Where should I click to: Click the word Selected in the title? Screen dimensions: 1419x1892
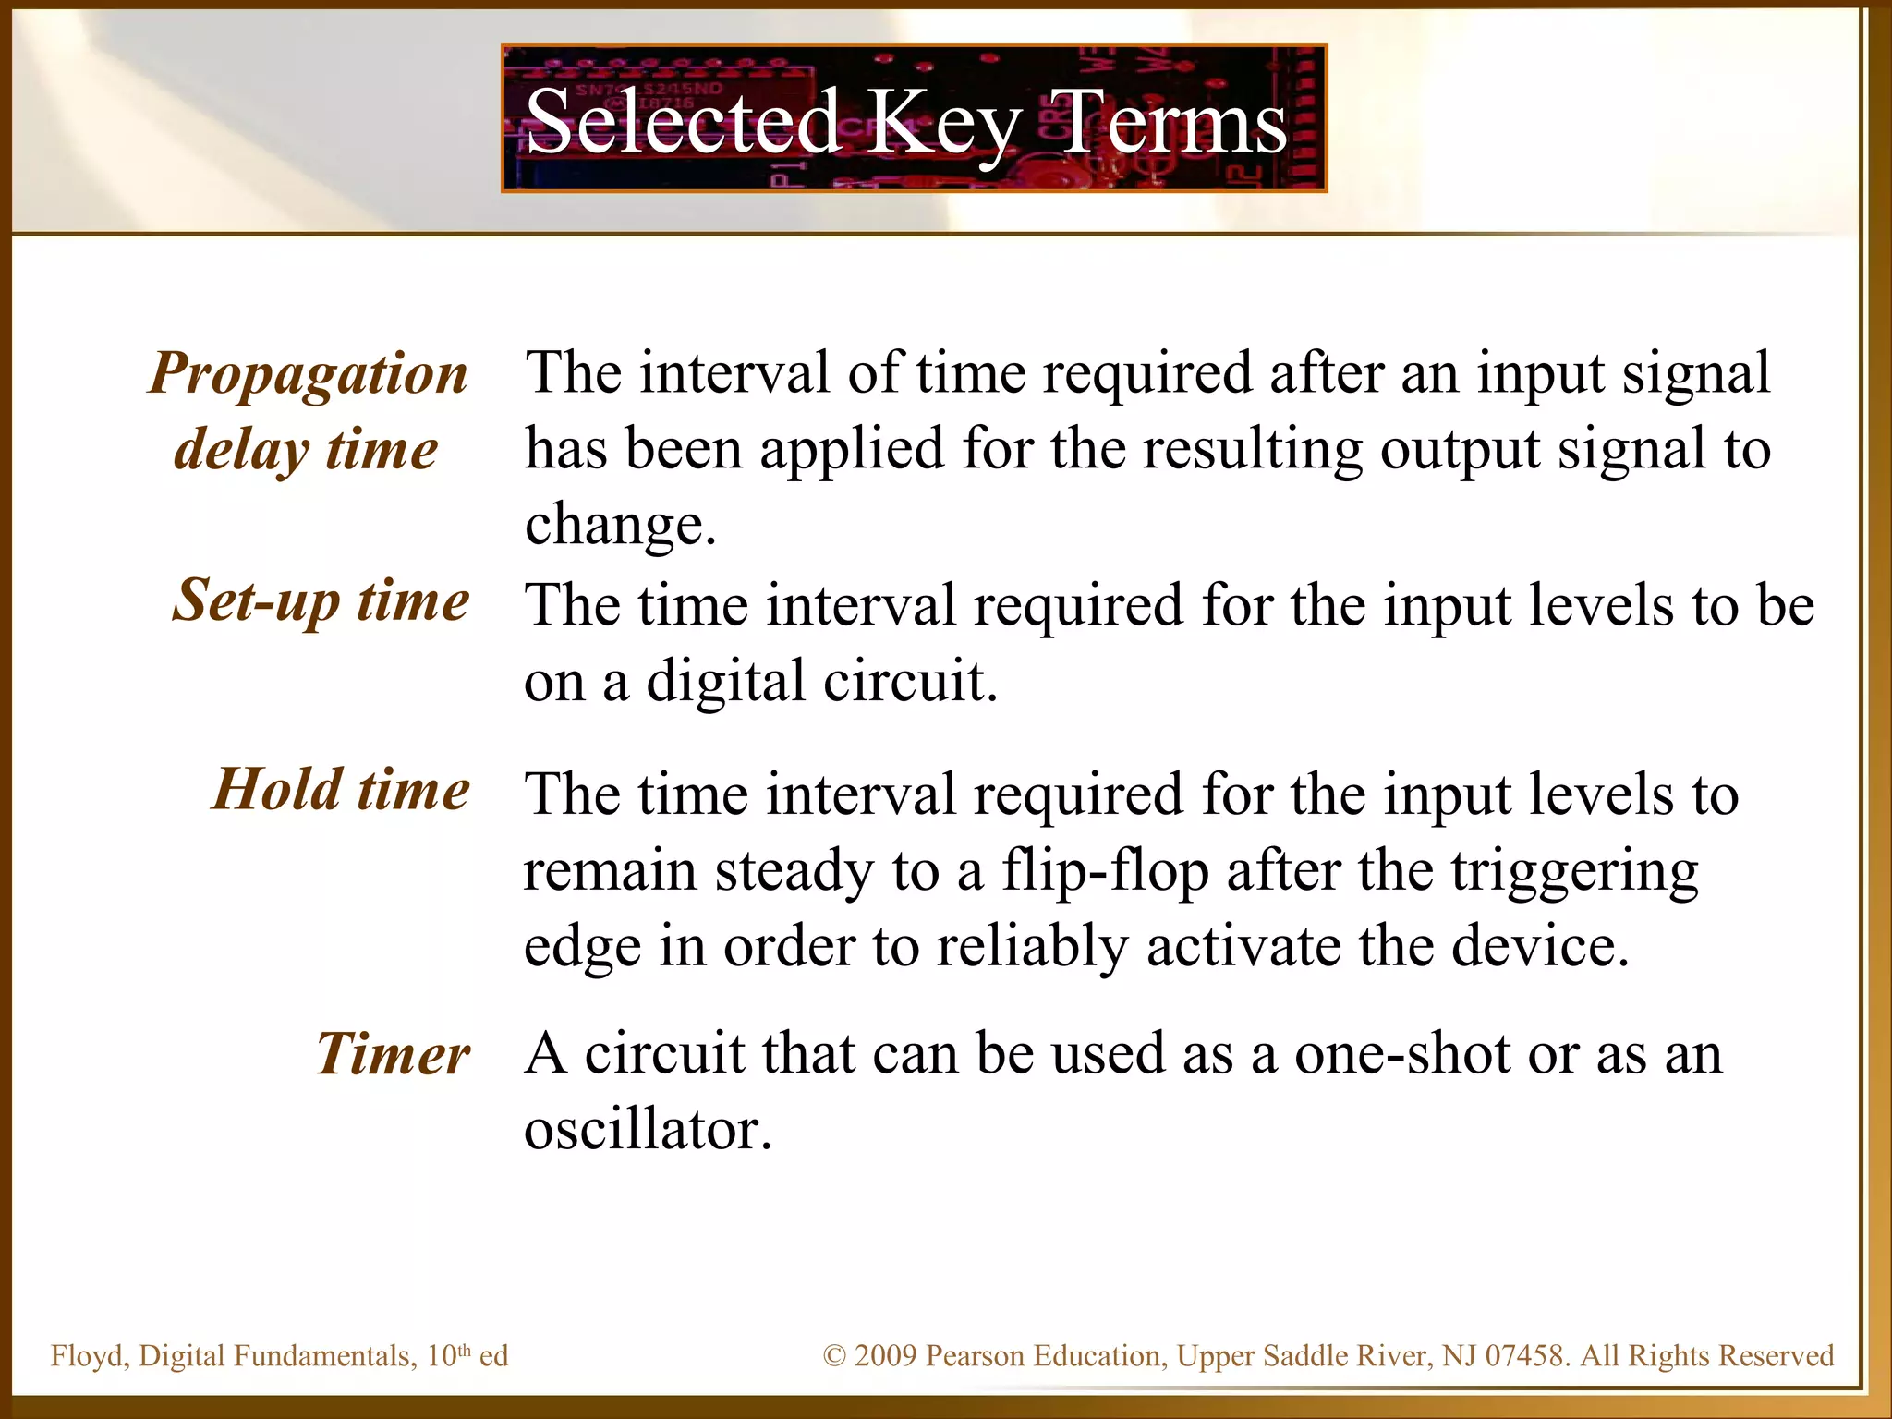682,122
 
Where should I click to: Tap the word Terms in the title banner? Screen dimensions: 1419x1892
1171,122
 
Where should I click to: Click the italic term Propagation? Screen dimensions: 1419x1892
309,374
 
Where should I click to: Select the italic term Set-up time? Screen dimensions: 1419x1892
321,600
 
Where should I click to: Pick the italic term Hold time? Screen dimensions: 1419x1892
341,790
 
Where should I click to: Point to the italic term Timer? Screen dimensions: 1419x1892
393,1054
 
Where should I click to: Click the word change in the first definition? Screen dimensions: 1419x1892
614,525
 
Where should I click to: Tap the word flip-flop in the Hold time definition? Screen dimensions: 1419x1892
1105,871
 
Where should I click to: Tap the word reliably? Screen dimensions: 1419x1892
1032,947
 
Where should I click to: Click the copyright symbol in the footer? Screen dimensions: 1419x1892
834,1356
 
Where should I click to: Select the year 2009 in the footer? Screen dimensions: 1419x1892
885,1356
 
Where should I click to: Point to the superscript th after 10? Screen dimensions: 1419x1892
465,1350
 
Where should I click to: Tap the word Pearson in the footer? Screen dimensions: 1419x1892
975,1356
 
